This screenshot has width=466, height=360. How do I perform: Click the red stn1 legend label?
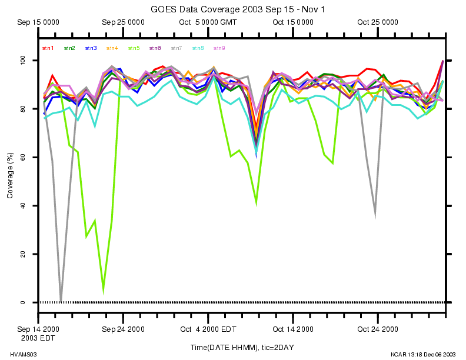(48, 48)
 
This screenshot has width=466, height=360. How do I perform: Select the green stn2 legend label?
(69, 48)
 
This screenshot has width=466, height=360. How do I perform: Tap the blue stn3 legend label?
(91, 48)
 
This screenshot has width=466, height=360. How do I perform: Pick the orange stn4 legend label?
(112, 48)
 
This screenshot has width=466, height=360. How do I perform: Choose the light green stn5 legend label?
(134, 48)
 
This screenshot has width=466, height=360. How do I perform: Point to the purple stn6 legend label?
(155, 48)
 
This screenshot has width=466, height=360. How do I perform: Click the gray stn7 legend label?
(176, 48)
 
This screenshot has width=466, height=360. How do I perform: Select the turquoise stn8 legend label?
(197, 48)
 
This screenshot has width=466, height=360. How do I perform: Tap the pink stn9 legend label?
(219, 48)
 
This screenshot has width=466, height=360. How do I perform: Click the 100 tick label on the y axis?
(23, 61)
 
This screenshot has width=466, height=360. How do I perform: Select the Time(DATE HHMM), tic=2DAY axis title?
(242, 348)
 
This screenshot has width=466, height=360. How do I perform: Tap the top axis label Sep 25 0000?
(123, 22)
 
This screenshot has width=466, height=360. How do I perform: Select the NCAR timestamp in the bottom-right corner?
(424, 355)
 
